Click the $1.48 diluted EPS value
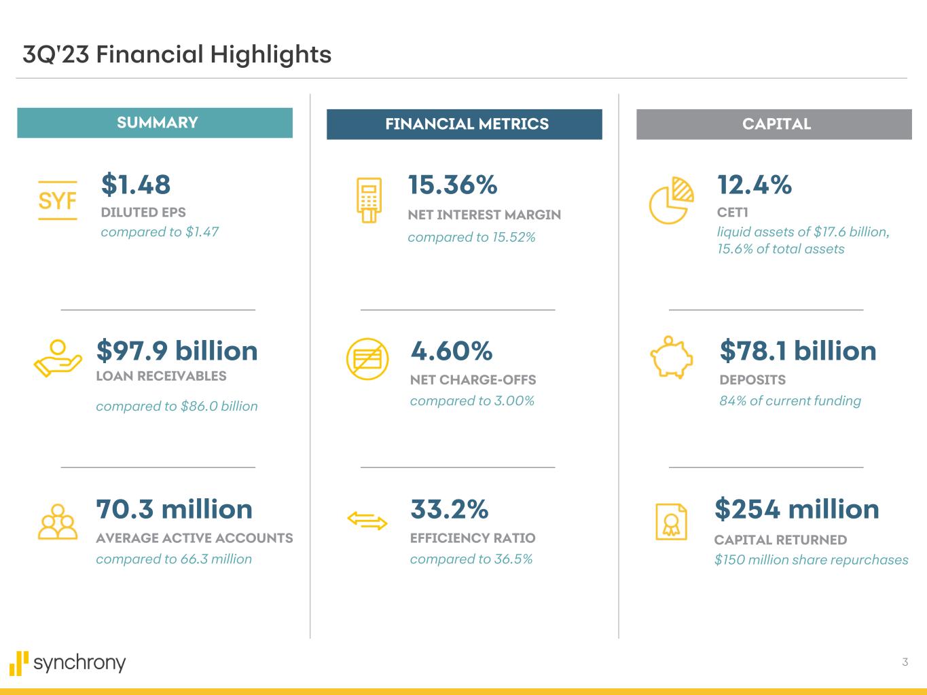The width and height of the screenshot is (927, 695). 136,185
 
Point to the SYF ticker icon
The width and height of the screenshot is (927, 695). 58,201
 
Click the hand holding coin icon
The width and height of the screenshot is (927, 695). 57,359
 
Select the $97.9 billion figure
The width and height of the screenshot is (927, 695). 177,351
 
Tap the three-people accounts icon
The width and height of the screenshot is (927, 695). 58,522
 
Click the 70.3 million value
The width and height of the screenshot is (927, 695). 175,509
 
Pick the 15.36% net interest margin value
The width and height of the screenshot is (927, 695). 452,185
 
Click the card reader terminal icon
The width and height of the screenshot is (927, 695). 369,200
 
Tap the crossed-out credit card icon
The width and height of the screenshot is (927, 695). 367,360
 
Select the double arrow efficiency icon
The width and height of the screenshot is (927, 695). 367,521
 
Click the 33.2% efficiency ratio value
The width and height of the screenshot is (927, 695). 450,509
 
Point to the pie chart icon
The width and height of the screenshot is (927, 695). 672,200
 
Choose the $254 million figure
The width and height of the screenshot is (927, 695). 797,509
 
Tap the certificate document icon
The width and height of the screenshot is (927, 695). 671,522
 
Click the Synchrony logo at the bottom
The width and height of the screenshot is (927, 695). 68,662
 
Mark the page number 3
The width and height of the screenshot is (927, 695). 905,662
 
